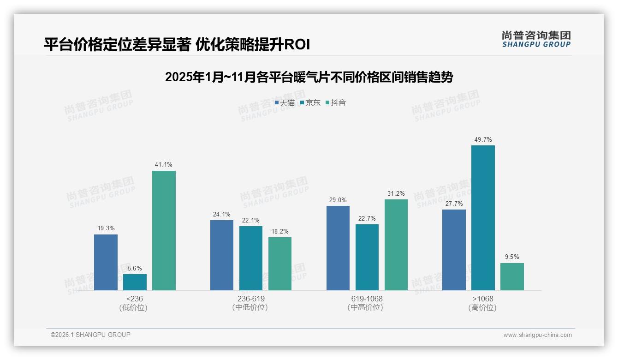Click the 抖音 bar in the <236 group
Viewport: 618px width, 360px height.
pyautogui.click(x=164, y=230)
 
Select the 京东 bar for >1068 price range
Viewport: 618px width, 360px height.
pyautogui.click(x=483, y=218)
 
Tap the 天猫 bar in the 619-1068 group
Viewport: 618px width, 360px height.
pyautogui.click(x=338, y=248)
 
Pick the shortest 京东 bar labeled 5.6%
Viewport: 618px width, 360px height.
pyautogui.click(x=135, y=282)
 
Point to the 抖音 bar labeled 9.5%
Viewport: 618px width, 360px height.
pyautogui.click(x=512, y=276)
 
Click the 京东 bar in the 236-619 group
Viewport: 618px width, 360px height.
pyautogui.click(x=251, y=258)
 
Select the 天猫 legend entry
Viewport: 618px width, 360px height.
pyautogui.click(x=285, y=103)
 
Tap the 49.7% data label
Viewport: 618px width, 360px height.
pyautogui.click(x=483, y=139)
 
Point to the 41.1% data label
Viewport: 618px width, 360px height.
pyautogui.click(x=164, y=165)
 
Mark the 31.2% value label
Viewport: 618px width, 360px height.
pyautogui.click(x=396, y=193)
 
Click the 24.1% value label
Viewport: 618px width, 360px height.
pyautogui.click(x=222, y=214)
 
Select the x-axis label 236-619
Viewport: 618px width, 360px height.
pyautogui.click(x=251, y=299)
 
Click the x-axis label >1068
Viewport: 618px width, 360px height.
pyautogui.click(x=483, y=299)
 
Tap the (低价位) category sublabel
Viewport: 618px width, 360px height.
pyautogui.click(x=134, y=308)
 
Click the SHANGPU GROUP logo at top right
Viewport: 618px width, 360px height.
pyautogui.click(x=536, y=39)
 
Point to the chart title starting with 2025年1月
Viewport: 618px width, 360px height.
pyautogui.click(x=309, y=77)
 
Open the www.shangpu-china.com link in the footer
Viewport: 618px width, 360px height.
pyautogui.click(x=537, y=335)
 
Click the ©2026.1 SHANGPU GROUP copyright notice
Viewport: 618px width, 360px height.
pyautogui.click(x=90, y=335)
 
